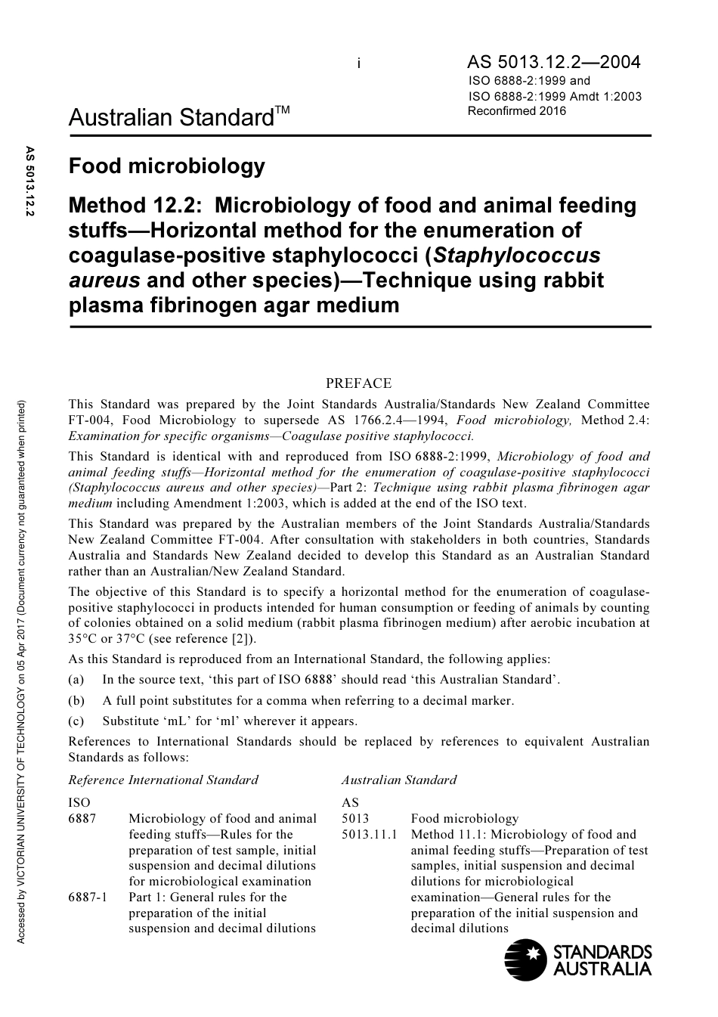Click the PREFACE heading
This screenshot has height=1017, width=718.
pyautogui.click(x=358, y=383)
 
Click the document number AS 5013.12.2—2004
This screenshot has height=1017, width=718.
pyautogui.click(x=553, y=62)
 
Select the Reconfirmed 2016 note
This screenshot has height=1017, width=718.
pyautogui.click(x=517, y=111)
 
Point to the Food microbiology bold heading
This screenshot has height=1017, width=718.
pyautogui.click(x=167, y=166)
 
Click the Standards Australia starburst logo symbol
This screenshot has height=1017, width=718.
pyautogui.click(x=525, y=958)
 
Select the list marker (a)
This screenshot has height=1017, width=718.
pyautogui.click(x=76, y=680)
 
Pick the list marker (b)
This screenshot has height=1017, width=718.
pyautogui.click(x=76, y=700)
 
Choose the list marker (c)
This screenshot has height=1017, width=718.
pyautogui.click(x=76, y=721)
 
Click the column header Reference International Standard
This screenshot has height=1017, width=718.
pyautogui.click(x=163, y=780)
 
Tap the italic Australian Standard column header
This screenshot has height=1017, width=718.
pyautogui.click(x=398, y=780)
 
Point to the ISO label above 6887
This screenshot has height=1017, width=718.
pyautogui.click(x=79, y=802)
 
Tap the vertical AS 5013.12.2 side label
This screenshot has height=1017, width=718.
pyautogui.click(x=30, y=181)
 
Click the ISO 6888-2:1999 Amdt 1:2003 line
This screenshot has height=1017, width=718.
pyautogui.click(x=555, y=96)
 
